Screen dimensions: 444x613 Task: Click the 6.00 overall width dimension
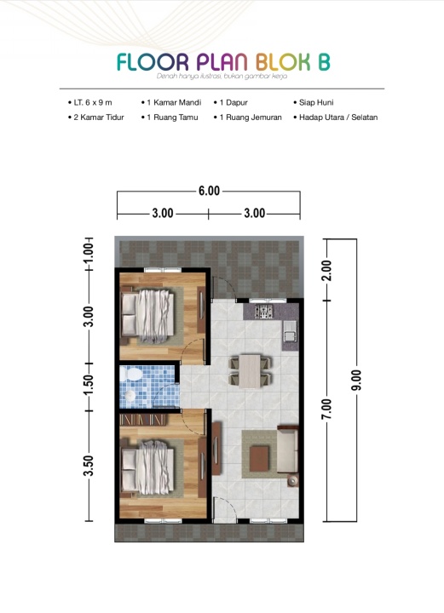(210, 192)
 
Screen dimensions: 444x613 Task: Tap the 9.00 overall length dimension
(357, 380)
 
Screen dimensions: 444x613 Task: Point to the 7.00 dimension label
(326, 409)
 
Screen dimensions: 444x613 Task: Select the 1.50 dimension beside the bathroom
(89, 386)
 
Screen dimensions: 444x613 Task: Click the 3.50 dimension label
(89, 466)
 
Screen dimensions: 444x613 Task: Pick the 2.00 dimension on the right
(327, 270)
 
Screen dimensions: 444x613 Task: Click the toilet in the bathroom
(130, 374)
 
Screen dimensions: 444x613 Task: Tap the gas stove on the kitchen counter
(263, 312)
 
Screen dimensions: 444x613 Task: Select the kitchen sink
(290, 331)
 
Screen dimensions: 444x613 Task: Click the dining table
(250, 371)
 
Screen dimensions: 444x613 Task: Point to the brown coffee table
(259, 459)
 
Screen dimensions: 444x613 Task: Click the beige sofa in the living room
(287, 450)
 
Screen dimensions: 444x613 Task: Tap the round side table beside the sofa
(292, 480)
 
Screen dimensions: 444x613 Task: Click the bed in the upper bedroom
(147, 316)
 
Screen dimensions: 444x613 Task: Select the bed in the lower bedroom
(147, 467)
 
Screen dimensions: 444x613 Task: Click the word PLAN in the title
(222, 62)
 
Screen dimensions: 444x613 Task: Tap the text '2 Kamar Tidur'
(99, 117)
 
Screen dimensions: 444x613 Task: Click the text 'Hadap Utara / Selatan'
(338, 117)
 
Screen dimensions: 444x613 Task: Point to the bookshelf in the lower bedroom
(143, 421)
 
